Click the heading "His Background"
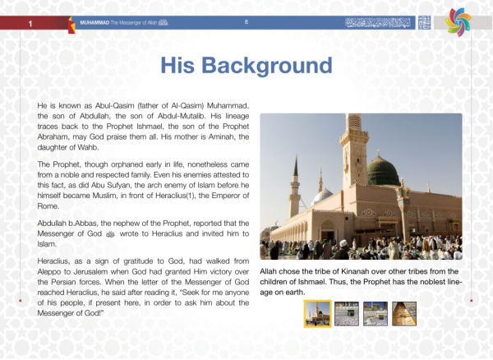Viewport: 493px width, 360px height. [246, 67]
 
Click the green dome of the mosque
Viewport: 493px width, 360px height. [382, 172]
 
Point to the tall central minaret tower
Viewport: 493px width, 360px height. [355, 156]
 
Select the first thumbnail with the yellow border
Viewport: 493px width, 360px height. [317, 313]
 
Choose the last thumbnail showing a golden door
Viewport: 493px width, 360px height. [403, 313]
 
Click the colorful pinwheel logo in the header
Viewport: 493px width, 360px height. [459, 22]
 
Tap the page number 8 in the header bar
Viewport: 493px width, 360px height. [246, 22]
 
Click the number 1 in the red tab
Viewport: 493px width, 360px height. [30, 25]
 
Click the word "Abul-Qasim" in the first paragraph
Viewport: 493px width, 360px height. [105, 107]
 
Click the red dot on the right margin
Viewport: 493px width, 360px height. [471, 301]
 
